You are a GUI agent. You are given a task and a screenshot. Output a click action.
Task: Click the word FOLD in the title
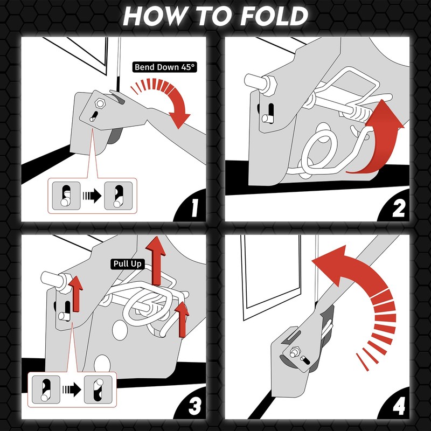tap(274, 16)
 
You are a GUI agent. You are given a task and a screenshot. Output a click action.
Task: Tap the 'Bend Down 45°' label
tap(165, 67)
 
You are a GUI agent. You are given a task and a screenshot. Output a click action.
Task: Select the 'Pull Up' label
tap(128, 264)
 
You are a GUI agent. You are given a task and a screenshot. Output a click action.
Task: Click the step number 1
tap(194, 208)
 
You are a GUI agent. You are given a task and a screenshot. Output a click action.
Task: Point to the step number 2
tap(398, 208)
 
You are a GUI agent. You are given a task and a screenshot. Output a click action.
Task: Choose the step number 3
tap(194, 406)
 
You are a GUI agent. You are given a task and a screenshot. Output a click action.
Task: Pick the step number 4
tap(399, 406)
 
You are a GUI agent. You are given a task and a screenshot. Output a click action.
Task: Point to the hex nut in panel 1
tap(100, 103)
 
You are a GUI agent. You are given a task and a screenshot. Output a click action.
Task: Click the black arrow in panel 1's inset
tap(92, 196)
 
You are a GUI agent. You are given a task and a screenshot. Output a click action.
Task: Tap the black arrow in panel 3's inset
tap(72, 390)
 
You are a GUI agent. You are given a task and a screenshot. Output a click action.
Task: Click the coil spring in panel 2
tap(357, 113)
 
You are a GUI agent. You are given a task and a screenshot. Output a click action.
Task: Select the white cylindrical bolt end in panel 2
tap(254, 81)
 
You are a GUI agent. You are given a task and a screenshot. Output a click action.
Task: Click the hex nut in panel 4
tap(295, 353)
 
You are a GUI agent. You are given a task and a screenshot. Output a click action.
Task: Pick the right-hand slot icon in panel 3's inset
tap(98, 390)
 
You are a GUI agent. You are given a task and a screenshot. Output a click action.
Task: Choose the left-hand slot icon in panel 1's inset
tap(66, 196)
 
